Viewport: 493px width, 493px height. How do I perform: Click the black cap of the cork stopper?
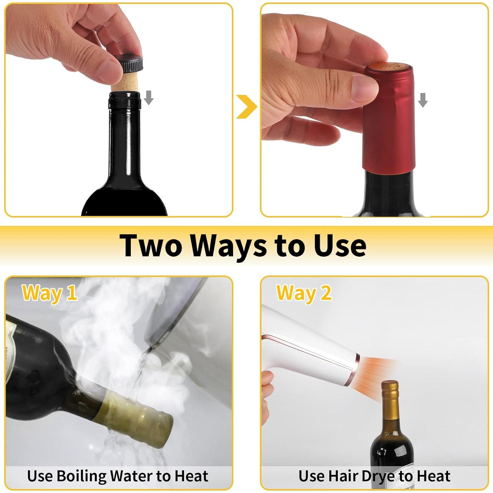point(131,63)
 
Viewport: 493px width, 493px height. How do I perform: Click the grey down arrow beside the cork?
point(149,98)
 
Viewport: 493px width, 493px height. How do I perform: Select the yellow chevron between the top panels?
point(246,106)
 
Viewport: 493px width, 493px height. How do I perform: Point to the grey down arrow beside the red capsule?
point(423,100)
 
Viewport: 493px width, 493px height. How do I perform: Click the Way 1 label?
point(49,293)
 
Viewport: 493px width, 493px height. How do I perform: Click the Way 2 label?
point(304,293)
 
